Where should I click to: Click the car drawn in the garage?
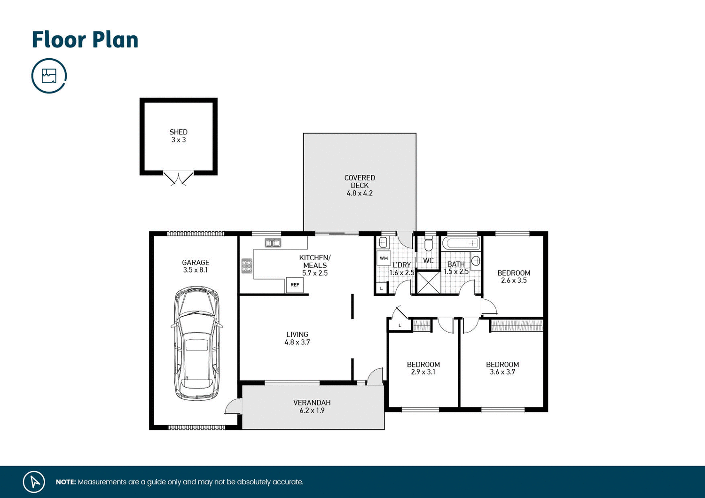196,343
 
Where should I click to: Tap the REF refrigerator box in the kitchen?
295,285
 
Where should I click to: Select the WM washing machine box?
384,258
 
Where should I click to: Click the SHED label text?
178,132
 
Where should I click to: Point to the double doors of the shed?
178,178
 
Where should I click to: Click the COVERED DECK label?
360,181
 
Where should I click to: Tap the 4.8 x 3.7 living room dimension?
297,342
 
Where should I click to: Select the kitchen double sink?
273,243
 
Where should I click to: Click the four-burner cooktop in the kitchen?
247,266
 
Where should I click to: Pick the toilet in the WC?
428,245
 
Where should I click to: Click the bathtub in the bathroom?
461,243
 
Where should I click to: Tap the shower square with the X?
429,283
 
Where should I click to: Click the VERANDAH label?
312,403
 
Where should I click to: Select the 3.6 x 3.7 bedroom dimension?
502,372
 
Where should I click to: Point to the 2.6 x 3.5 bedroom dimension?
514,280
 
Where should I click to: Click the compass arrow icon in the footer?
34,482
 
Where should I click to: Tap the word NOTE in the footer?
65,482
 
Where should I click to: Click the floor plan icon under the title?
49,76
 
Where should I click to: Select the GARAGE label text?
196,263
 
